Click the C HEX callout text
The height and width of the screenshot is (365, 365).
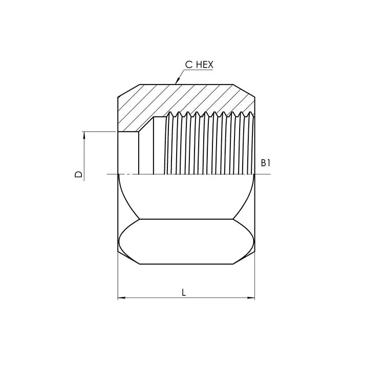coord(199,65)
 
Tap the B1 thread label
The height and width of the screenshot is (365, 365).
coord(265,163)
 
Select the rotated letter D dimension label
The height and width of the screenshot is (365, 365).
coord(78,175)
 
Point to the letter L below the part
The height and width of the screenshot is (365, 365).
coord(184,292)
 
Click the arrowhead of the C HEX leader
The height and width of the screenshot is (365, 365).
coord(177,82)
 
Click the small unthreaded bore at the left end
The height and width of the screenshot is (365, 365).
coord(128,154)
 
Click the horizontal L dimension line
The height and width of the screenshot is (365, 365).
coord(154,298)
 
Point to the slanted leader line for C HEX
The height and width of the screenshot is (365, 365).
coord(182,74)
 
